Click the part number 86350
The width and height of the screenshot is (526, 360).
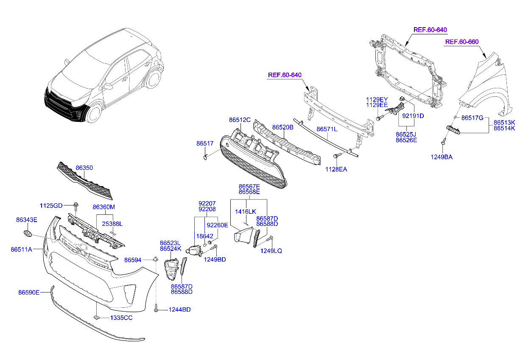pyautogui.click(x=84, y=168)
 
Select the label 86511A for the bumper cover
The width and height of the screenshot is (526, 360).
pyautogui.click(x=21, y=250)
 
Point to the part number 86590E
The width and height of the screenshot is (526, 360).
pyautogui.click(x=29, y=292)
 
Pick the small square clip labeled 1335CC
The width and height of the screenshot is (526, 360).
pyautogui.click(x=96, y=317)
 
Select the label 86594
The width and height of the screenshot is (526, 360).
pyautogui.click(x=132, y=259)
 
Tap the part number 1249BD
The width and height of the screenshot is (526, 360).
pyautogui.click(x=215, y=259)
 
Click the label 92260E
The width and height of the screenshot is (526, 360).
pyautogui.click(x=217, y=225)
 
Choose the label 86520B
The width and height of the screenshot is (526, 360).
pyautogui.click(x=283, y=127)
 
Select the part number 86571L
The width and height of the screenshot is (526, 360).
pyautogui.click(x=327, y=129)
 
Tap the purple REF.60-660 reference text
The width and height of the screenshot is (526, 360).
pyautogui.click(x=462, y=42)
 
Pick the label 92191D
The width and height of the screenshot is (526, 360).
pyautogui.click(x=413, y=115)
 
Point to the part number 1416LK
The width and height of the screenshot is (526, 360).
pyautogui.click(x=246, y=211)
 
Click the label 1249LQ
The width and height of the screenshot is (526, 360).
pyautogui.click(x=271, y=251)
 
